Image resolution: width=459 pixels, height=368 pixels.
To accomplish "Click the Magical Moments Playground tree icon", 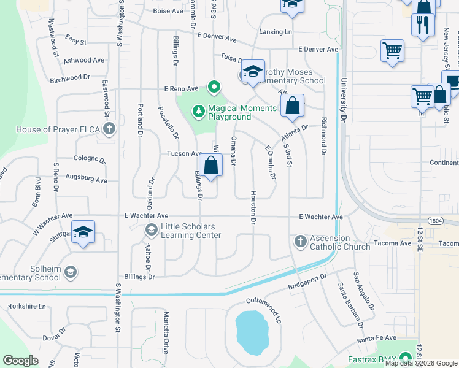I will [198, 111].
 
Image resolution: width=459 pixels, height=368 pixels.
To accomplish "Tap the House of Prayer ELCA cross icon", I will [109, 129].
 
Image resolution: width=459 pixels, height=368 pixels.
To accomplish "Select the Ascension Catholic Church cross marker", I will [301, 241].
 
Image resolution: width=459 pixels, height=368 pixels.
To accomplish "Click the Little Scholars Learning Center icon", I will [151, 230].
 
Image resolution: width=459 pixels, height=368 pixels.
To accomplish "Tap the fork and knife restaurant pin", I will [423, 25].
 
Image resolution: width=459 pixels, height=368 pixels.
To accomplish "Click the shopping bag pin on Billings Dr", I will [210, 166].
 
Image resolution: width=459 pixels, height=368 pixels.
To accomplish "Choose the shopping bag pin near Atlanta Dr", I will [293, 105].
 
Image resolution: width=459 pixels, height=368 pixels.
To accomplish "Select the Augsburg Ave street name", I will [90, 181].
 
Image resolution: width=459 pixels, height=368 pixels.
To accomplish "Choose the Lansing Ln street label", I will [276, 31].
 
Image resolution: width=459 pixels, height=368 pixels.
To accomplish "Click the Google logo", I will [21, 361].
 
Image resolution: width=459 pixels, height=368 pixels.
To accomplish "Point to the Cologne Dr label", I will [90, 159].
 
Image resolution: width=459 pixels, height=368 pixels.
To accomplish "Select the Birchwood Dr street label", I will [70, 79].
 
